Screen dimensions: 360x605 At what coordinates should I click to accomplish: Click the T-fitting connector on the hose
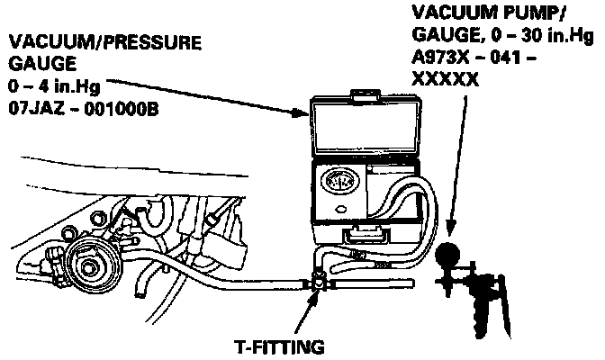point(319,282)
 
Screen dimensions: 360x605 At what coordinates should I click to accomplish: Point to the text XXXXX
point(445,77)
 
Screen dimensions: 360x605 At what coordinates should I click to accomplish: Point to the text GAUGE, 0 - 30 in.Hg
point(501,36)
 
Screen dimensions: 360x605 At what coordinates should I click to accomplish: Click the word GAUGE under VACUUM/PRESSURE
point(34,64)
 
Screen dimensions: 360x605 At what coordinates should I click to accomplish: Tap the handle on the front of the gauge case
point(368,236)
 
